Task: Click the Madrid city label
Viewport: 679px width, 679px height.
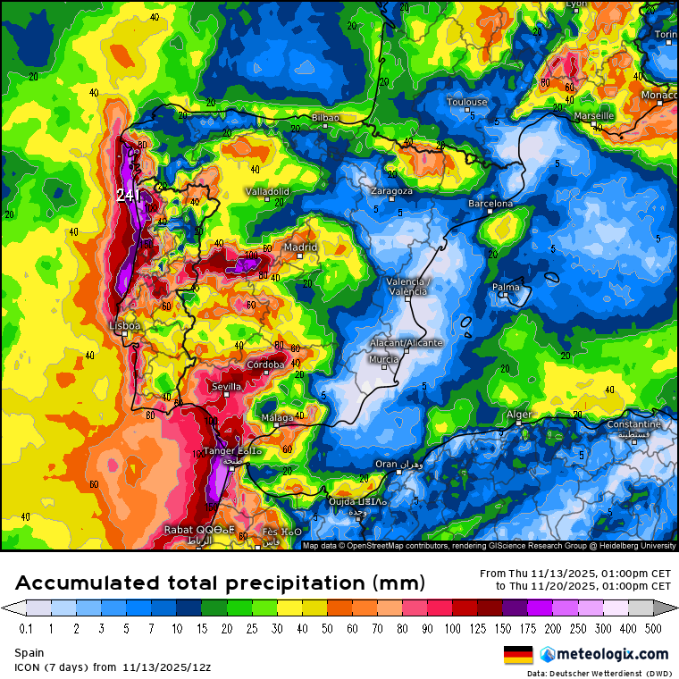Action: (x=300, y=247)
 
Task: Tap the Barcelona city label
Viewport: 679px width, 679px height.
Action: (x=490, y=204)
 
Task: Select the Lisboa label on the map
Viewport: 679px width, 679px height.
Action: (x=124, y=326)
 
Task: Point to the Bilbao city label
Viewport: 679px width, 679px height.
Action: (x=325, y=118)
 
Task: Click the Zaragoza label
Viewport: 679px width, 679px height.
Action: (x=391, y=191)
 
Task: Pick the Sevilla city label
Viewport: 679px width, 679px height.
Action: (x=226, y=386)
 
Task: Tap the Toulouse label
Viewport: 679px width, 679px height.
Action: (x=466, y=102)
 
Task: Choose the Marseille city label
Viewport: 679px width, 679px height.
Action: (x=593, y=116)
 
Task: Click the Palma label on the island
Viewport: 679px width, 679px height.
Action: (x=506, y=288)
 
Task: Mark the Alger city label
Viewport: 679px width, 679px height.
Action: (x=519, y=415)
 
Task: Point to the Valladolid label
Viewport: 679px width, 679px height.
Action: (x=267, y=191)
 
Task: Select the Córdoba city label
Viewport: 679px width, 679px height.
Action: (x=265, y=365)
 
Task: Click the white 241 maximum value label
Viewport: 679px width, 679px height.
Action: (x=125, y=194)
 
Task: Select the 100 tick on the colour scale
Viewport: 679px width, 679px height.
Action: (x=455, y=629)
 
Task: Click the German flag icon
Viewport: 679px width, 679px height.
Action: (x=518, y=654)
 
